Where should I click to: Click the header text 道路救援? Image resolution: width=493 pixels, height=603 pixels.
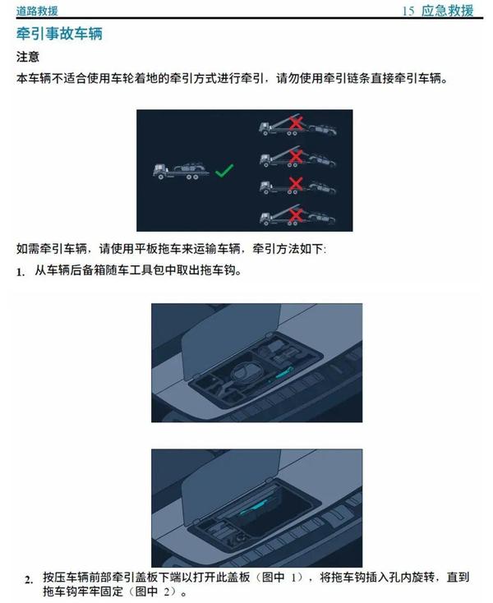(37, 11)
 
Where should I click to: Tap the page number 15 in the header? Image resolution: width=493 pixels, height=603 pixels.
(408, 11)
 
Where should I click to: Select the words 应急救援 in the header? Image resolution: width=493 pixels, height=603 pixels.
(447, 11)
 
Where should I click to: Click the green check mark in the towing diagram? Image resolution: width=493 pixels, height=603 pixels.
(223, 171)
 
